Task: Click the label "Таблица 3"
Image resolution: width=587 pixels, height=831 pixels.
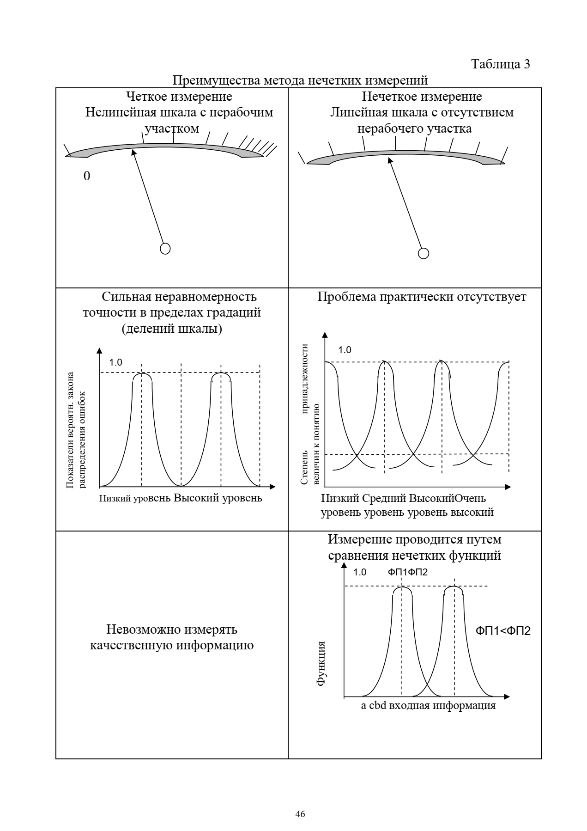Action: [x=501, y=64]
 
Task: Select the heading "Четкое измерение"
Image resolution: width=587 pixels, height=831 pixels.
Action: [x=179, y=97]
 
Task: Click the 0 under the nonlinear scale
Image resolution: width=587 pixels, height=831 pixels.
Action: [x=87, y=177]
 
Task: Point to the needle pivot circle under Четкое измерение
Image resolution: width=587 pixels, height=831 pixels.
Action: [x=165, y=248]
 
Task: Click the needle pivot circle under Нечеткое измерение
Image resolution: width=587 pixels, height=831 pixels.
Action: [x=424, y=253]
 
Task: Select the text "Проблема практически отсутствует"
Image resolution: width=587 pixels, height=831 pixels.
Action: [x=422, y=297]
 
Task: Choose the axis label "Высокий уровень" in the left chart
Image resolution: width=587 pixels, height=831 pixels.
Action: [x=218, y=498]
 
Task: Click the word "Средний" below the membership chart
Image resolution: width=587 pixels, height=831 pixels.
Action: [x=383, y=499]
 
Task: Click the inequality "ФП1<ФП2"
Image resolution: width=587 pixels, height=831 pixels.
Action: [x=503, y=631]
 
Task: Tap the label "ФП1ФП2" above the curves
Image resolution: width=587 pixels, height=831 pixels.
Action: [x=408, y=572]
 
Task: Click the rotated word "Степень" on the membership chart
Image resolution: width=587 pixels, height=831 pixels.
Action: [x=304, y=467]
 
